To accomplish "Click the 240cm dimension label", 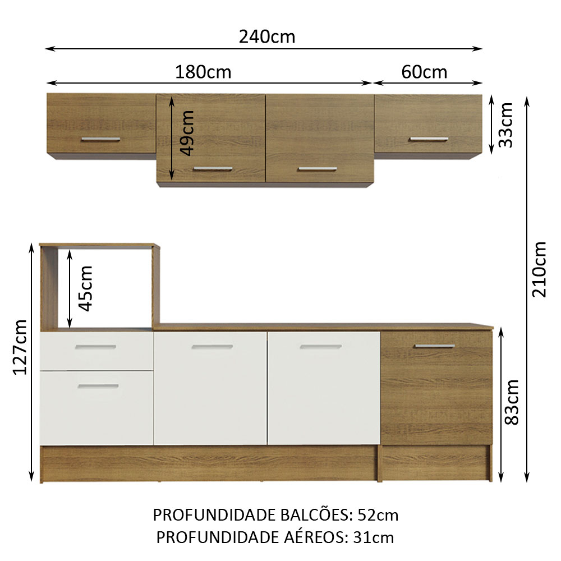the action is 267,37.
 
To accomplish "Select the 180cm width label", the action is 203,72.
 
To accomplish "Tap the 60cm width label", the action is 424,72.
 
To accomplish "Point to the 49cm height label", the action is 186,133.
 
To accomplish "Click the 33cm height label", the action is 506,125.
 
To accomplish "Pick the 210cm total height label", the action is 539,269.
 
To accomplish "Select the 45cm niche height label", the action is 85,289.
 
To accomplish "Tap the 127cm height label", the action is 20,347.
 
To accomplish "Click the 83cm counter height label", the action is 512,402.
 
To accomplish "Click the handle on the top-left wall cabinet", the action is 100,139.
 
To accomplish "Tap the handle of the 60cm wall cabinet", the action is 429,139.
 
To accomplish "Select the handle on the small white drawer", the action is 95,347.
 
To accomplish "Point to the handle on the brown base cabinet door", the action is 435,346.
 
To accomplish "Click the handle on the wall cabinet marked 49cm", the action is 213,169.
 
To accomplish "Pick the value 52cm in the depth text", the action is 378,515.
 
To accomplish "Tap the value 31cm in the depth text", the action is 373,537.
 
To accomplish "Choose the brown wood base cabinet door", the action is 436,388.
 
